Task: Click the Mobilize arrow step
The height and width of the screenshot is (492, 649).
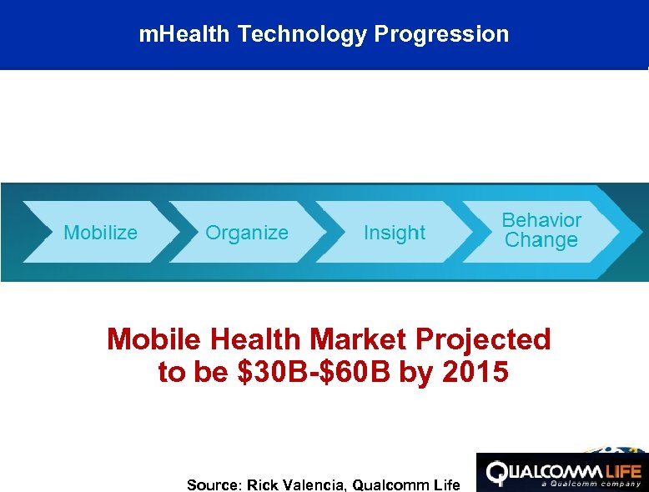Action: click(x=101, y=233)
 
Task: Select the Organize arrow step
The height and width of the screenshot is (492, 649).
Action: click(x=247, y=233)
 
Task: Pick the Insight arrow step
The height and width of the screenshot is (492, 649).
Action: click(x=395, y=233)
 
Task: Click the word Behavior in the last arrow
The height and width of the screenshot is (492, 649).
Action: click(x=541, y=220)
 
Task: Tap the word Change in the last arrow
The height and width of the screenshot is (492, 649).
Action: click(x=541, y=241)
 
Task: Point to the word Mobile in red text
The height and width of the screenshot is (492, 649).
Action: click(x=155, y=339)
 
